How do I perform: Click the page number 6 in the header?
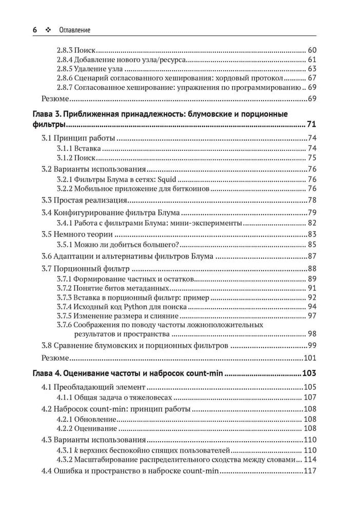click(34, 30)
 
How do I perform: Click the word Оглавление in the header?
click(74, 30)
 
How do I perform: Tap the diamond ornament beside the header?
click(49, 30)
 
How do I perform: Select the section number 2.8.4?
click(64, 60)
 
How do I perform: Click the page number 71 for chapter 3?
click(312, 125)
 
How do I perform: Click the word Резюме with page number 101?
click(54, 358)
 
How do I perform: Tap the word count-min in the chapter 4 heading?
click(204, 373)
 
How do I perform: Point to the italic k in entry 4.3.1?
click(75, 450)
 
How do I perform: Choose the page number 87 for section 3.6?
click(312, 256)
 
